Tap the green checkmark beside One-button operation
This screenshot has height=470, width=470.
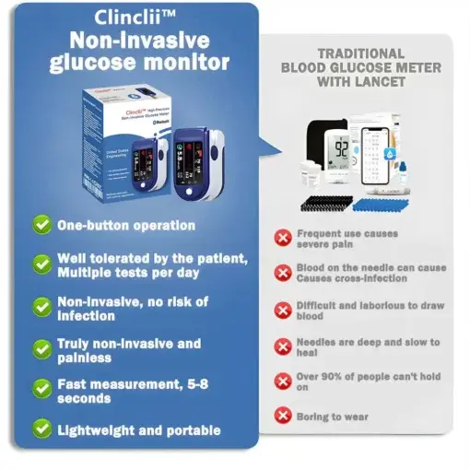point(41,225)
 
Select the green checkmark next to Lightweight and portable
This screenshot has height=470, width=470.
point(41,429)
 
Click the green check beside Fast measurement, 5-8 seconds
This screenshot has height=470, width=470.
point(41,388)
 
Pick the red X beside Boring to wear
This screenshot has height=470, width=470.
point(283,416)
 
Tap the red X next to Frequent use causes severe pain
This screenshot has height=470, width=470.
point(283,239)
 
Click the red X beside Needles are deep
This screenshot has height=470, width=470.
point(283,346)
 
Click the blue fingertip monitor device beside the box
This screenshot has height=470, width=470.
point(194,157)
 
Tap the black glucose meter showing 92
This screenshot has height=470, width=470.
point(341,149)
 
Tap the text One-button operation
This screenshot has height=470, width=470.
point(126,225)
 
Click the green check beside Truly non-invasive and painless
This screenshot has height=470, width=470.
point(41,349)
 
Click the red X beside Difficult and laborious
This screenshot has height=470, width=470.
point(283,309)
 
